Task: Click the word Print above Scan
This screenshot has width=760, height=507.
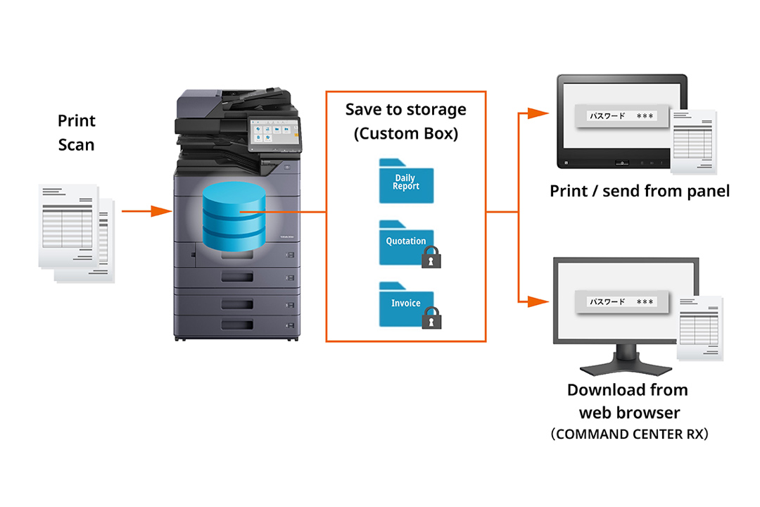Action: point(76,121)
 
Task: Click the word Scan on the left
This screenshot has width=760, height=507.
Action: point(76,145)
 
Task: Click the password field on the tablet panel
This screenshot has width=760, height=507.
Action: point(619,115)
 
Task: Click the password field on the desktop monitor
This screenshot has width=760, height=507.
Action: point(619,302)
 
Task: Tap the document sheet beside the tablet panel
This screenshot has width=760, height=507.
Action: point(693,141)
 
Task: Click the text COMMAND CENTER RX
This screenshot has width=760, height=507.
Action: point(628,434)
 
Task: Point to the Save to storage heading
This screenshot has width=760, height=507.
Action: point(406,110)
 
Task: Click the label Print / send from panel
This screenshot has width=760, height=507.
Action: point(640,191)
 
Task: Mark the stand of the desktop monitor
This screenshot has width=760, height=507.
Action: point(627,363)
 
